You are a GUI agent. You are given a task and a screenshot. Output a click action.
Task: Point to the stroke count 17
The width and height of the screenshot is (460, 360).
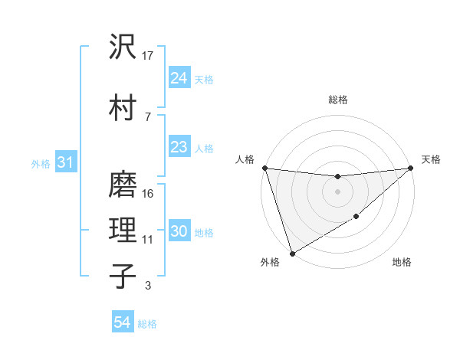pyautogui.click(x=149, y=55)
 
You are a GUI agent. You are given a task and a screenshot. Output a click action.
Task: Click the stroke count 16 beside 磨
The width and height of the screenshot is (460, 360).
pyautogui.click(x=149, y=193)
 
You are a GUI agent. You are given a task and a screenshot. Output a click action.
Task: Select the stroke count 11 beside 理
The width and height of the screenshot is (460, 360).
pyautogui.click(x=148, y=240)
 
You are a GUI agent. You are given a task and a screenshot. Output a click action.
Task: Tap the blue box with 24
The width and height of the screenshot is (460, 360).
pyautogui.click(x=179, y=78)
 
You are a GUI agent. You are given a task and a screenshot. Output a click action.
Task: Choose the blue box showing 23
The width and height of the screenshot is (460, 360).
pyautogui.click(x=179, y=147)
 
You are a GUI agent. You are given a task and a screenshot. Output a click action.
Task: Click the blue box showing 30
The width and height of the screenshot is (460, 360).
pyautogui.click(x=179, y=232)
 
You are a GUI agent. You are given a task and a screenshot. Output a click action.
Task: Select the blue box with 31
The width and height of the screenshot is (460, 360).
pyautogui.click(x=65, y=162)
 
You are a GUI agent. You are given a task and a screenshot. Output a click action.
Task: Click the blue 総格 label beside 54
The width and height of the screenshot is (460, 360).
pyautogui.click(x=147, y=324)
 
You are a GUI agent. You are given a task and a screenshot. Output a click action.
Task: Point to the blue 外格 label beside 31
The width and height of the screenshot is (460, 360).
pyautogui.click(x=41, y=163)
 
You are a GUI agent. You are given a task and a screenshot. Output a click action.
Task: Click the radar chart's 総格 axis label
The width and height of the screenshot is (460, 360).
pyautogui.click(x=338, y=100)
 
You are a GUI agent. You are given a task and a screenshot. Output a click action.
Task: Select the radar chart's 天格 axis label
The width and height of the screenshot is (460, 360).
pyautogui.click(x=431, y=159)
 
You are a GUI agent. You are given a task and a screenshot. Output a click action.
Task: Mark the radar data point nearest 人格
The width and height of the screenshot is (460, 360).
pyautogui.click(x=264, y=168)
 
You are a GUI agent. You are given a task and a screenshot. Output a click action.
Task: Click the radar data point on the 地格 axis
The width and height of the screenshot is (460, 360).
pyautogui.click(x=357, y=218)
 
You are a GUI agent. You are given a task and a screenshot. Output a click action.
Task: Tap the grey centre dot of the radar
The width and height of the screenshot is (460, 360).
pyautogui.click(x=337, y=191)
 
